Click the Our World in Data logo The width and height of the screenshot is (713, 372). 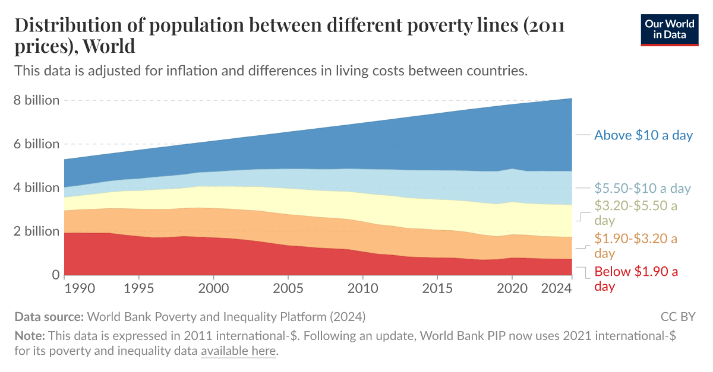(669, 29)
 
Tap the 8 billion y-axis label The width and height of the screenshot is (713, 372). (36, 100)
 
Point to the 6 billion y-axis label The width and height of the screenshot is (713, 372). (36, 144)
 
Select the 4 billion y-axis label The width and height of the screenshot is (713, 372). (36, 187)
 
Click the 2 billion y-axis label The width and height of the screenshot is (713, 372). (36, 231)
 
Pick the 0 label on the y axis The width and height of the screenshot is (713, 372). (54, 275)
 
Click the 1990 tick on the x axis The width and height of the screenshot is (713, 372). (80, 289)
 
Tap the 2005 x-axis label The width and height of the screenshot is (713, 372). (288, 289)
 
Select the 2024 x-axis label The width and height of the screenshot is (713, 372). (557, 289)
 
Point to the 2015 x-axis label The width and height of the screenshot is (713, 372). (437, 289)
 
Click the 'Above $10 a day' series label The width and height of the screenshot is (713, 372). (643, 135)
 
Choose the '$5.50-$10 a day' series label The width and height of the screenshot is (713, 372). (642, 189)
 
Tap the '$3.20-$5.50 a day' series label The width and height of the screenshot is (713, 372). (636, 212)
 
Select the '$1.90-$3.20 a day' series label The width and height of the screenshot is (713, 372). (636, 246)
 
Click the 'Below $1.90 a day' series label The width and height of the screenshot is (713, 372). (636, 279)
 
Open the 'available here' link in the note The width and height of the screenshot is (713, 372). (238, 351)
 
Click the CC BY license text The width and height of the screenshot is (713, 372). (677, 316)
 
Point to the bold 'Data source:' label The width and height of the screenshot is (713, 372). (49, 316)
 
